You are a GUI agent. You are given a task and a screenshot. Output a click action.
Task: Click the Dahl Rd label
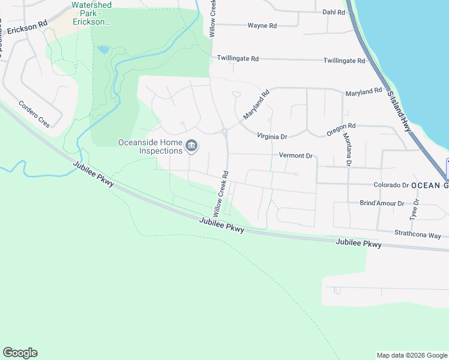coord(334,12)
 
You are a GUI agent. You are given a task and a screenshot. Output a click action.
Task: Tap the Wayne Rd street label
coord(262,26)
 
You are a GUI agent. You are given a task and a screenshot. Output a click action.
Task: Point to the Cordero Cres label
coord(34,112)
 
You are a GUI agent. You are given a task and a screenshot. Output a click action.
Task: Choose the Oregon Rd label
coord(341,126)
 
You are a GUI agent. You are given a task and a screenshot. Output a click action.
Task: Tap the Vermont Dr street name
coord(297,155)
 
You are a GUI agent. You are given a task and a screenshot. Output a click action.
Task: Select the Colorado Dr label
coord(391,185)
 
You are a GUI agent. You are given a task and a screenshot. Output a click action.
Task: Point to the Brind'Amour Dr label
coord(381,203)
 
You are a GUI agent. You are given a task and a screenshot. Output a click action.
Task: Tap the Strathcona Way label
coord(417,235)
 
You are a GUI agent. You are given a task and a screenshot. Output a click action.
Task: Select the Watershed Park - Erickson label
coord(91,13)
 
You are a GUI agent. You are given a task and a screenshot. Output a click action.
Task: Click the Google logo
coord(20,353)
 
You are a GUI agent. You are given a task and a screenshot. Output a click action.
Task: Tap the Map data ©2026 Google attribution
coord(411,355)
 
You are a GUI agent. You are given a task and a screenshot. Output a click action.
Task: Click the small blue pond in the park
coord(103,49)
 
